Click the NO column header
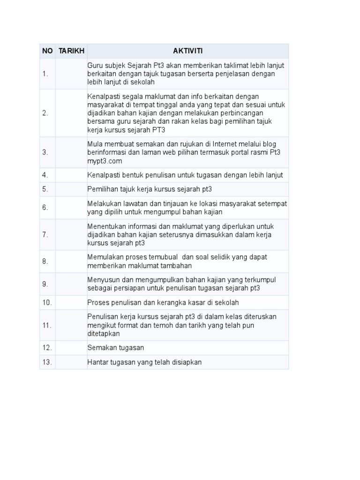[x=47, y=51]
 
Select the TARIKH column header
[x=71, y=51]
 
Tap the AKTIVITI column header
[x=187, y=51]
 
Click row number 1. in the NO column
[x=45, y=74]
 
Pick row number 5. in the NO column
[x=45, y=189]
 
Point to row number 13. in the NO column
[x=47, y=362]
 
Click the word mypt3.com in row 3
[x=105, y=161]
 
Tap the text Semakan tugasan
[x=115, y=348]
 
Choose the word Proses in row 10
[x=98, y=302]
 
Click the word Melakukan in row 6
[x=104, y=203]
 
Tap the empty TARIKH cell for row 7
[x=71, y=234]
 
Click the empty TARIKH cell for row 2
[x=71, y=113]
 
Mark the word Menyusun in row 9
[x=103, y=280]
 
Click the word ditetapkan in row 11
[x=104, y=334]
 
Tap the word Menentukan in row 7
[x=106, y=226]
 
